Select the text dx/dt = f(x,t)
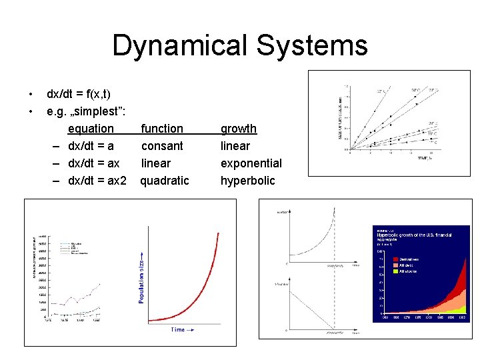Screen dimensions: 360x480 click(x=79, y=94)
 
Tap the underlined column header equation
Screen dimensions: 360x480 click(x=91, y=128)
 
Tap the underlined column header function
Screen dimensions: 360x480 click(x=162, y=128)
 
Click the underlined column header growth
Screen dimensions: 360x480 click(x=238, y=128)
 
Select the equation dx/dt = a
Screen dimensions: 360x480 click(x=91, y=145)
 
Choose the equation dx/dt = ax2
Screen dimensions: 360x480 click(x=97, y=180)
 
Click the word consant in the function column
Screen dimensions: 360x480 click(x=162, y=145)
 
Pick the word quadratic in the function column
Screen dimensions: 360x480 click(x=165, y=180)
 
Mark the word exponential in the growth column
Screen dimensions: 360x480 click(x=251, y=163)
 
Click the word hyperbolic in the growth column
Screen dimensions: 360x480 click(x=247, y=180)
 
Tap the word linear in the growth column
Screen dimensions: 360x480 click(x=235, y=145)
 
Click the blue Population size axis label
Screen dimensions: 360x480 click(x=141, y=277)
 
